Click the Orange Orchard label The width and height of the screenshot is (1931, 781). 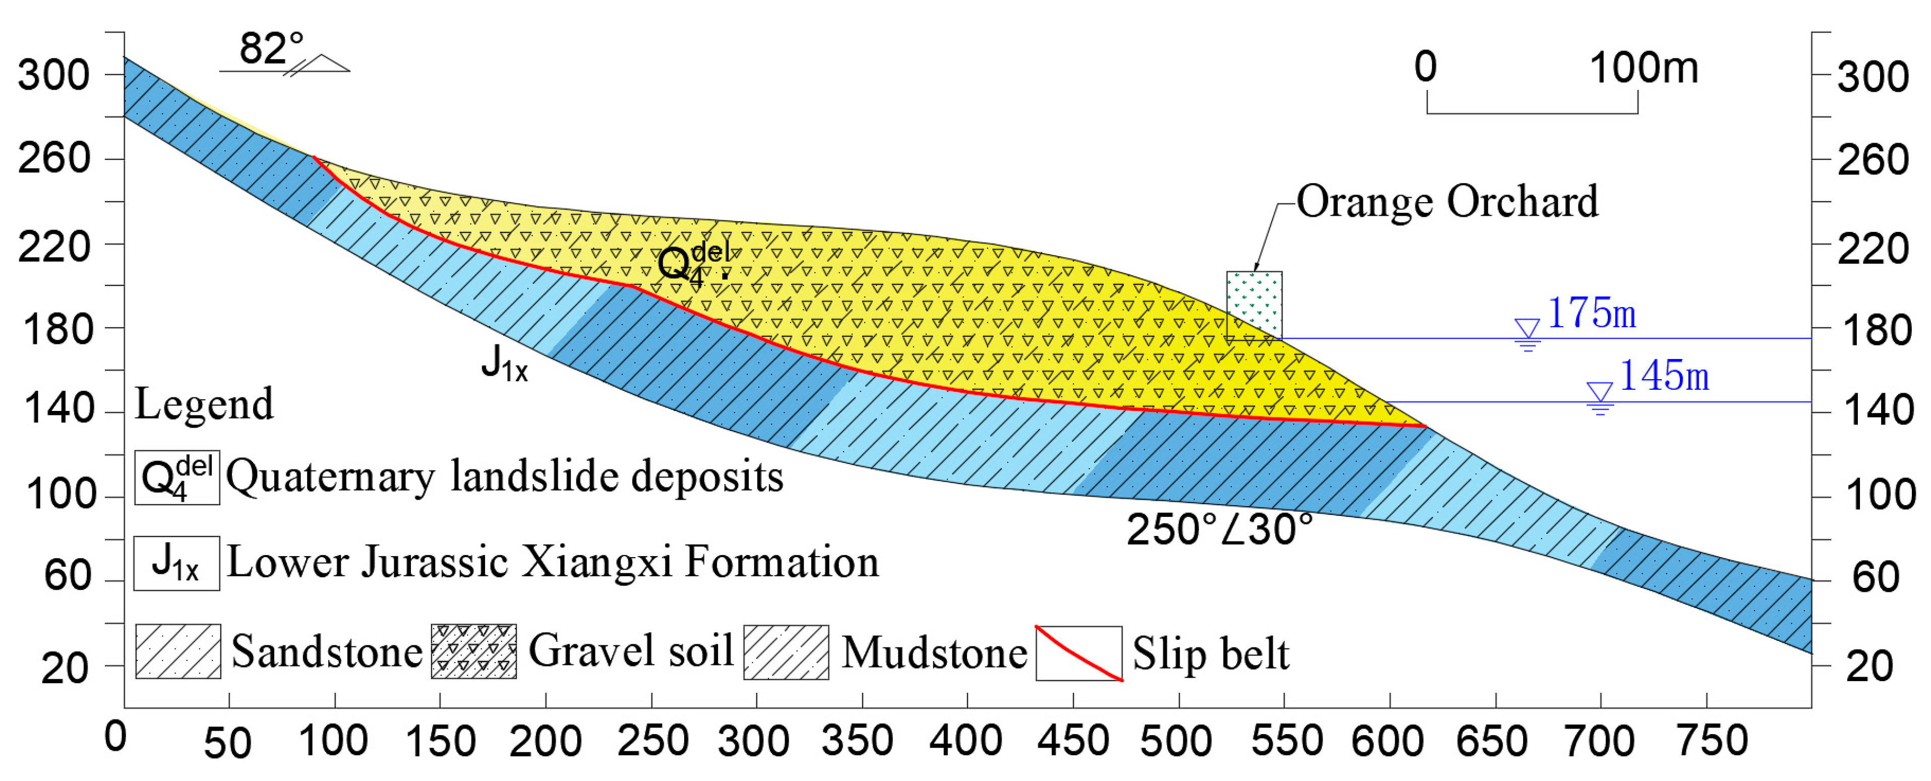point(1447,202)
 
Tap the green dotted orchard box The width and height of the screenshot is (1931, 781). point(1253,303)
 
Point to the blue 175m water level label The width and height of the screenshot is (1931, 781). point(1591,313)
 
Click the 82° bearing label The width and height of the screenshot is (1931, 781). point(271,49)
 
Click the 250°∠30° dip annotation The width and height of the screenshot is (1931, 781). point(1219,530)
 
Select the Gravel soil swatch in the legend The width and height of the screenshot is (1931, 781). point(474,650)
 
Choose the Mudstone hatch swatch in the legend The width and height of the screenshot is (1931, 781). point(786,652)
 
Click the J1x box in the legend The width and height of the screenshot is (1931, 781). point(176,563)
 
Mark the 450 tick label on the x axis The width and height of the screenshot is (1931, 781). point(1073,741)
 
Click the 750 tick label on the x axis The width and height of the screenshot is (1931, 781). point(1711,741)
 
